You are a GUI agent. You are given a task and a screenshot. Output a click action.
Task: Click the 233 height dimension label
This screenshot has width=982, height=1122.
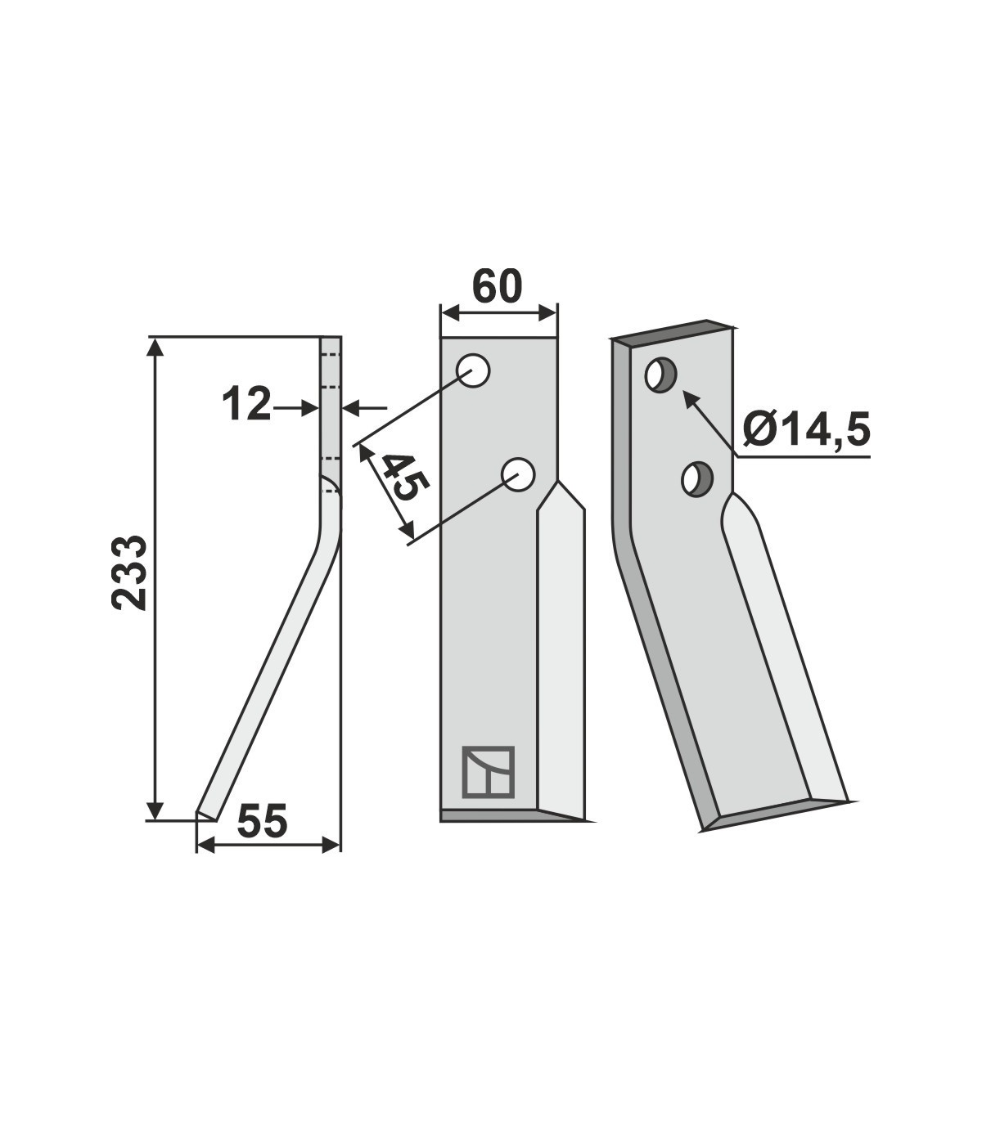click(x=129, y=573)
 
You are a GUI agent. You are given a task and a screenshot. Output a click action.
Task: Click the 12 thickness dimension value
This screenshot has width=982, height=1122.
click(x=246, y=404)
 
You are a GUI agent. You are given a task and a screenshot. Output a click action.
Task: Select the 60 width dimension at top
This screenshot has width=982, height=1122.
click(x=497, y=287)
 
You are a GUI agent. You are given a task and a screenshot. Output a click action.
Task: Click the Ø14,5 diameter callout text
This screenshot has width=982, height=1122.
click(x=806, y=429)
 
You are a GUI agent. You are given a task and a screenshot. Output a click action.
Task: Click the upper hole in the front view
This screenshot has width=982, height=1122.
click(x=473, y=370)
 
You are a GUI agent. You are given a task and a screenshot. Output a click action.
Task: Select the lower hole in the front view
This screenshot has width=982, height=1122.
click(x=519, y=474)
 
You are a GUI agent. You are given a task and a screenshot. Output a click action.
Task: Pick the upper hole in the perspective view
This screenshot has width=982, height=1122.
click(x=661, y=375)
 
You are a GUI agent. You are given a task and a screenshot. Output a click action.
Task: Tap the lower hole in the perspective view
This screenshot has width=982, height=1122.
click(x=697, y=479)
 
